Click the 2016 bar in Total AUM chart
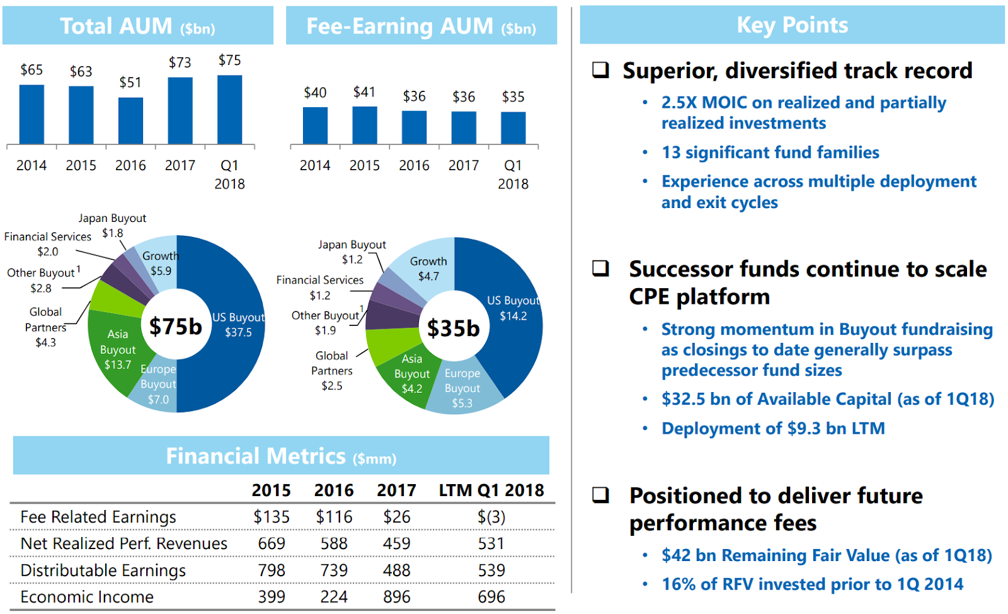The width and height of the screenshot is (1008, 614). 130,120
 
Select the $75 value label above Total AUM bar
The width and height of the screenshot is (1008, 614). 229,61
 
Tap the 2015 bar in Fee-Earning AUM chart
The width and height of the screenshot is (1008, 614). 365,125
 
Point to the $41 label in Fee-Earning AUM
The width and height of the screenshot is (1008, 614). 365,92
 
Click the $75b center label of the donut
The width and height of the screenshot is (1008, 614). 176,327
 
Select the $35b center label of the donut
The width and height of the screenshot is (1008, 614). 454,328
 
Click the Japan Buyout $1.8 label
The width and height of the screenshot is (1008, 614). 112,225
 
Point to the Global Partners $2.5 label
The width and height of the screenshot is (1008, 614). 332,371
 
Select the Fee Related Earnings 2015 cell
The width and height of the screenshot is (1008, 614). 272,517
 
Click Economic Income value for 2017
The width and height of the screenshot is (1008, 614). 396,597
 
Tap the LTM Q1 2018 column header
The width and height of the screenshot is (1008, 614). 491,490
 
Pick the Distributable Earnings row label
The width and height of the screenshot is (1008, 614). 103,571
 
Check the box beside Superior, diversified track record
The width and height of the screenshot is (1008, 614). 600,70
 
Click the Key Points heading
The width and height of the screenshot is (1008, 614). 792,25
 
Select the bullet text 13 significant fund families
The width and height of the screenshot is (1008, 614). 770,153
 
